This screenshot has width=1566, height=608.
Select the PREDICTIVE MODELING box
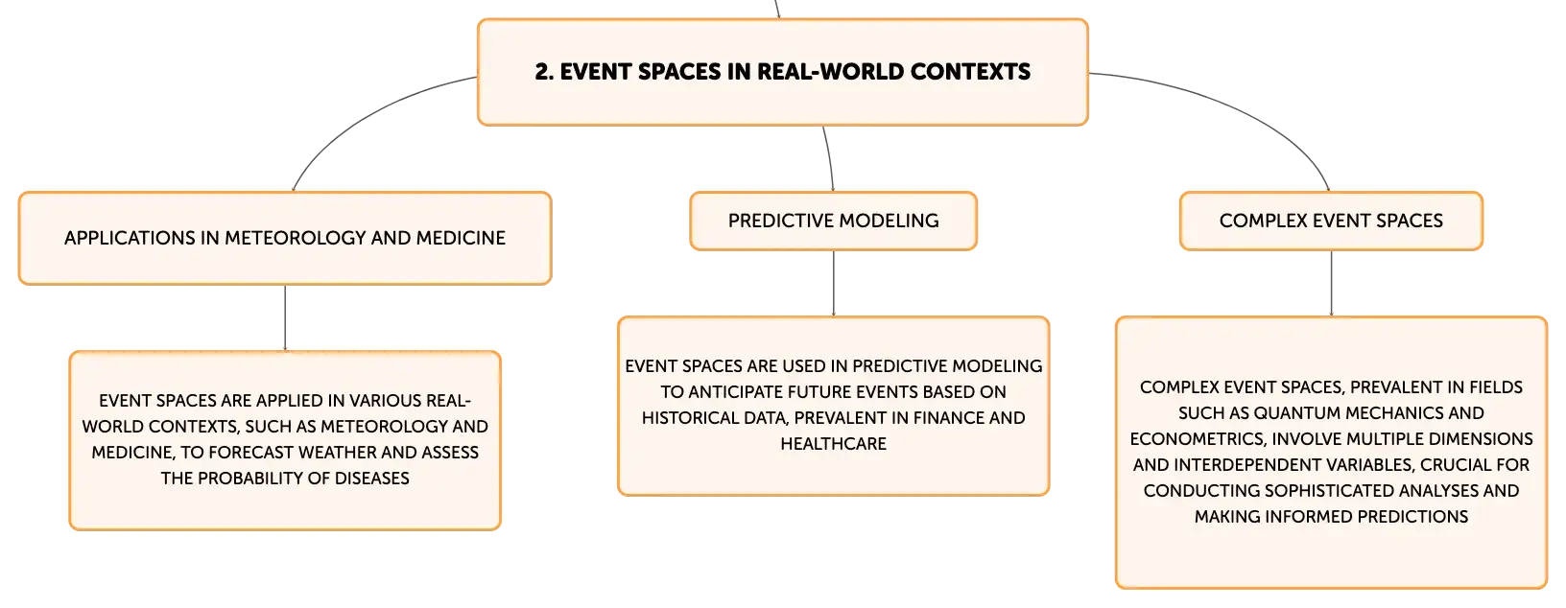pyautogui.click(x=833, y=221)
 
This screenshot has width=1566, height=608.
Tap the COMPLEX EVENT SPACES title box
pyautogui.click(x=1331, y=221)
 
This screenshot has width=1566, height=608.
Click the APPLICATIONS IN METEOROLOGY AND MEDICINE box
pyautogui.click(x=285, y=238)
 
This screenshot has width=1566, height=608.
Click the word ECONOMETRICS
pyautogui.click(x=1197, y=439)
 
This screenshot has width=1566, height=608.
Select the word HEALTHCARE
pyautogui.click(x=833, y=444)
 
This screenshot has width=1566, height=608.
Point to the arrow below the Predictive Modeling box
pyautogui.click(x=833, y=283)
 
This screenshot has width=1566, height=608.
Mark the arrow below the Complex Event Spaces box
pyautogui.click(x=1331, y=283)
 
